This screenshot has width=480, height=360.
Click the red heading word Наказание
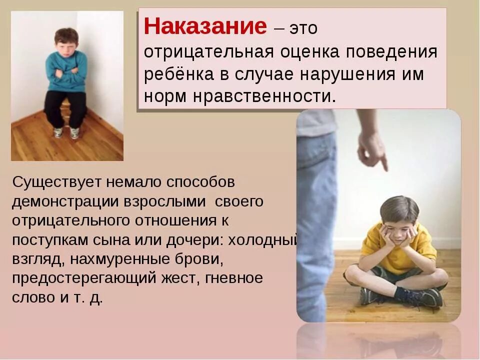(x=205, y=26)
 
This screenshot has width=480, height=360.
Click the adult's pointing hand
(x=372, y=150)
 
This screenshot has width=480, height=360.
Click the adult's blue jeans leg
(x=315, y=210)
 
